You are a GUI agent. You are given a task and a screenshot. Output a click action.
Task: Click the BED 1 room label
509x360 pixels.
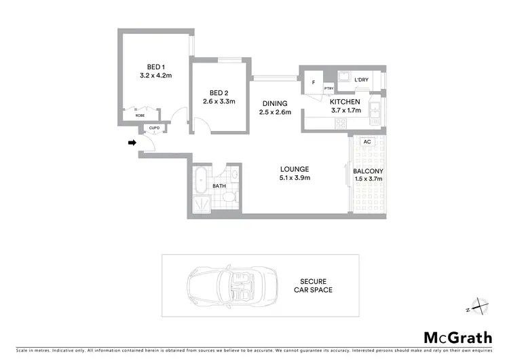pos(155,67)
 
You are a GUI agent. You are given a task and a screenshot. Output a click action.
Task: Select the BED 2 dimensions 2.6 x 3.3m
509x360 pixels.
pos(219,102)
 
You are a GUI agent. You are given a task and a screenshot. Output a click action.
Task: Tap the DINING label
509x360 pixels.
pos(276,104)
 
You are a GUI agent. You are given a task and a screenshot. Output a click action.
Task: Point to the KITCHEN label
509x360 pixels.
pos(345,101)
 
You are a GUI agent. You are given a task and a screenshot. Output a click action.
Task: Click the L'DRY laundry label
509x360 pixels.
pos(361,80)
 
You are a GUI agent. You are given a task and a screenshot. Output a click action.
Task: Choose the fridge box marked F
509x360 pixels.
pos(313,82)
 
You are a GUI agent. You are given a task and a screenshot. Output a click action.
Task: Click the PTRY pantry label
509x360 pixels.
pos(328,88)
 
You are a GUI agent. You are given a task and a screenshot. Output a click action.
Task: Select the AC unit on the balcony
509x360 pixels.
pos(367,142)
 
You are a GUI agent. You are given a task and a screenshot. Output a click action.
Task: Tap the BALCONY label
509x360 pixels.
pos(368,170)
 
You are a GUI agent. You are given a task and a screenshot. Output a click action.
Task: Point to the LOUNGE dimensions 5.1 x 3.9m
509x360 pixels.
pos(295,178)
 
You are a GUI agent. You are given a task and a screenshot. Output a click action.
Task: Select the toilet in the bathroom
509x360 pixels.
pos(229,198)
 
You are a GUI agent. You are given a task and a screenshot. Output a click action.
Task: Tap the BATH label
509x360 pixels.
pos(219,185)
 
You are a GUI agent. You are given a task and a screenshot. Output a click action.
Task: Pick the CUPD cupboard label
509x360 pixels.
pos(155,128)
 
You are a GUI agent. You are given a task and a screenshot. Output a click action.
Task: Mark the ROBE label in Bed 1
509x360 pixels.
pos(140,115)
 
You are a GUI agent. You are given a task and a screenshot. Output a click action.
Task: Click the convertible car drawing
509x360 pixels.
pos(222,285)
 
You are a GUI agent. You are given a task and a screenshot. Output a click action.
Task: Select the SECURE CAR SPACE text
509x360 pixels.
pos(316,285)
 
